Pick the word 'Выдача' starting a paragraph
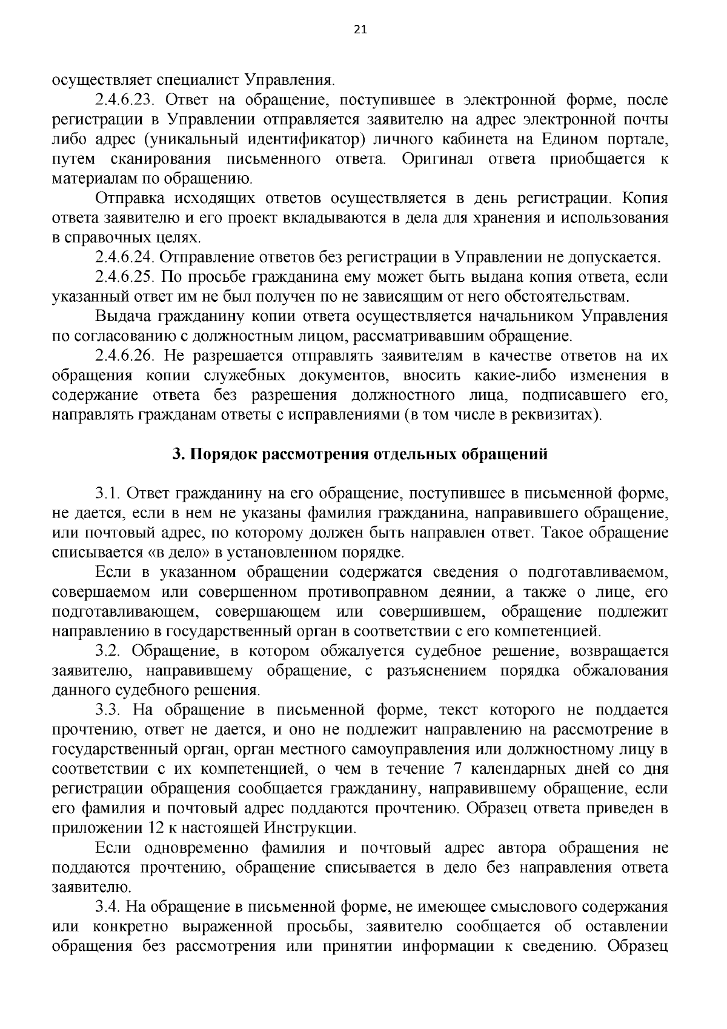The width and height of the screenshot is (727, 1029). [x=123, y=317]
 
